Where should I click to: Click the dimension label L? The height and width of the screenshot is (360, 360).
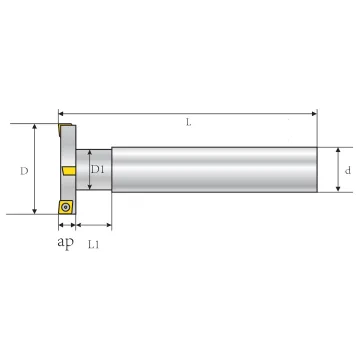pyautogui.click(x=189, y=123)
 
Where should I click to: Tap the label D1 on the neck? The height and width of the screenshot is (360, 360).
pyautogui.click(x=98, y=170)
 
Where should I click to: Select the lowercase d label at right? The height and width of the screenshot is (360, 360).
pyautogui.click(x=348, y=170)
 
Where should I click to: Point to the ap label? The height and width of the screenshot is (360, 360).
pyautogui.click(x=65, y=242)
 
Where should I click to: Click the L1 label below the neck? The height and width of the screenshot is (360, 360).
pyautogui.click(x=93, y=245)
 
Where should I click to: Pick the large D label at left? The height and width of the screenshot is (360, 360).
pyautogui.click(x=24, y=171)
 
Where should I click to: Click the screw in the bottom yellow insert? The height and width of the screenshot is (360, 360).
pyautogui.click(x=65, y=207)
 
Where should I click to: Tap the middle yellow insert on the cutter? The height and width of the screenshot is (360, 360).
pyautogui.click(x=69, y=171)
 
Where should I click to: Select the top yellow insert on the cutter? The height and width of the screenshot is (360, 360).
pyautogui.click(x=64, y=128)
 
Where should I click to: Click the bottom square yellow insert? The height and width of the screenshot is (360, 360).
pyautogui.click(x=66, y=207)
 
